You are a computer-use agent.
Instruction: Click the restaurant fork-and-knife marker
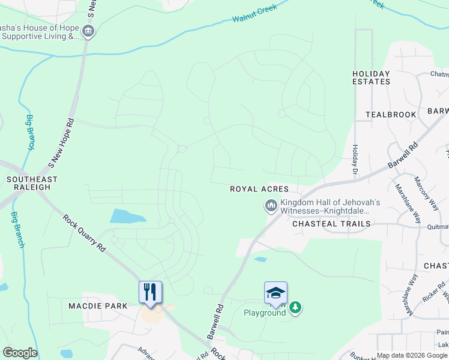click(150, 292)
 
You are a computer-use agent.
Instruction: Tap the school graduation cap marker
click(276, 293)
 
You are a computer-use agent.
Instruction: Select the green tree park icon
click(295, 308)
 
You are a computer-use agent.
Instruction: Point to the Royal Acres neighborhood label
click(259, 189)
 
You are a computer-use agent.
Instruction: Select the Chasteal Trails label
click(331, 224)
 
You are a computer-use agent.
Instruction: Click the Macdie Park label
click(98, 306)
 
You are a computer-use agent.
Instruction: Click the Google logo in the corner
click(20, 353)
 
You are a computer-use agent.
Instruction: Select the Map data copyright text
click(412, 355)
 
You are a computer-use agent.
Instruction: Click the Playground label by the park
click(264, 313)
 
